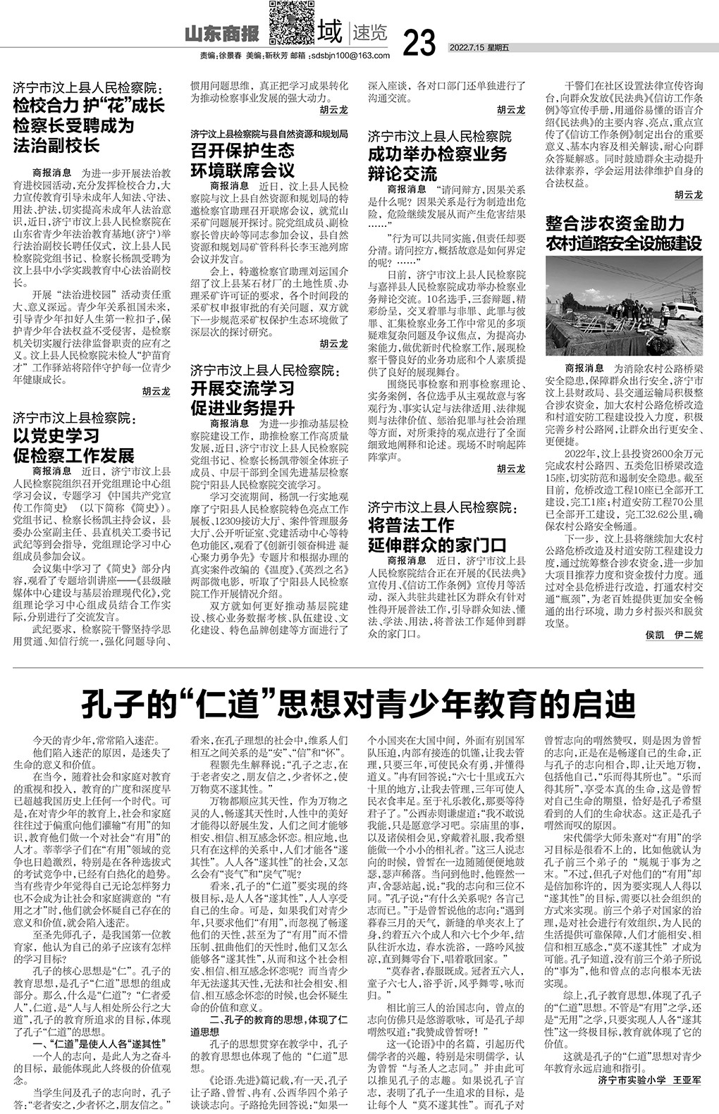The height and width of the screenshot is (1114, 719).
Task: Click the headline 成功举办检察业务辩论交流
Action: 437,164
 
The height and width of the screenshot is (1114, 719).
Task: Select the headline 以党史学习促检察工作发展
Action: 74,445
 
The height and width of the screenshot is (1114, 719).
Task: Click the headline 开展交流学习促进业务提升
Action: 243,397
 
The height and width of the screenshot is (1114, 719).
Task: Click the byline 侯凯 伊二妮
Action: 674,655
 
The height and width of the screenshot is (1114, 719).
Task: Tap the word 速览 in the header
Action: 369,33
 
